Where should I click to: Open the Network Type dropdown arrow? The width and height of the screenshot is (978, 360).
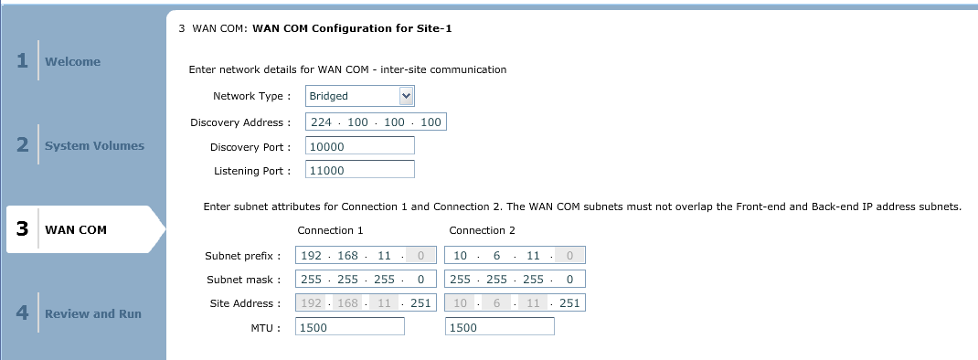[406, 96]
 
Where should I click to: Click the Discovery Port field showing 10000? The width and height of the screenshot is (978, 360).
[360, 146]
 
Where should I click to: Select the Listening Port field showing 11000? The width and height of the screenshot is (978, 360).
[360, 170]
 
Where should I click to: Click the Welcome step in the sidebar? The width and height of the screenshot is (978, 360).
[72, 61]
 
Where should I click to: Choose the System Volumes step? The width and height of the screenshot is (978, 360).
[94, 145]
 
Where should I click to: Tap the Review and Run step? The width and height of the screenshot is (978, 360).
[93, 313]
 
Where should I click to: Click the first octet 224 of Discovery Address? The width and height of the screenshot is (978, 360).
[321, 122]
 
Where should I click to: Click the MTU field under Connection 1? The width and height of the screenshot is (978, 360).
[350, 327]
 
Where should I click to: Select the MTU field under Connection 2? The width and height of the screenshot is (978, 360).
[500, 327]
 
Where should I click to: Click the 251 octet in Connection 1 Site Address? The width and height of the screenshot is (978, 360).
[421, 303]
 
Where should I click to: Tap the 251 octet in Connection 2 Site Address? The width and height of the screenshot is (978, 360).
[570, 303]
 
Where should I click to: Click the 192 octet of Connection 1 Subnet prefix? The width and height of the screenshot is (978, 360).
[312, 255]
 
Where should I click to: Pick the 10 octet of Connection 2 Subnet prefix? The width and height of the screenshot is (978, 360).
[461, 255]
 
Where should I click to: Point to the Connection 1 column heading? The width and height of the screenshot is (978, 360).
[331, 230]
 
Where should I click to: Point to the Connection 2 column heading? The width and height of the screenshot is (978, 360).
[482, 230]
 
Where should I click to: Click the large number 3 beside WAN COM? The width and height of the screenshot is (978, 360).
[23, 229]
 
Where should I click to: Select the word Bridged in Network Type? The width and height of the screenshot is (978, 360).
[329, 96]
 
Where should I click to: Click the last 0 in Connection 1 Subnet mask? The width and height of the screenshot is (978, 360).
[421, 280]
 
